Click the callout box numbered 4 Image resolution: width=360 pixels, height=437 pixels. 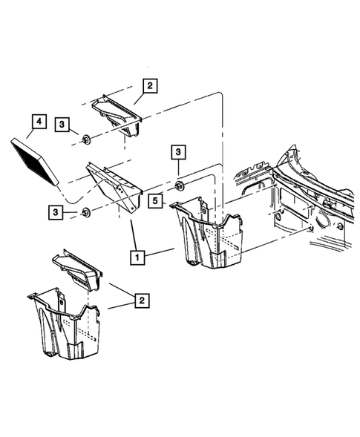tap(35, 122)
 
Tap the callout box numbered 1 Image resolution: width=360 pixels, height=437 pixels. tap(137, 257)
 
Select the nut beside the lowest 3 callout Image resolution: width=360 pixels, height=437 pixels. tap(87, 213)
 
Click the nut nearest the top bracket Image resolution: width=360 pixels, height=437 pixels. tap(87, 138)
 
